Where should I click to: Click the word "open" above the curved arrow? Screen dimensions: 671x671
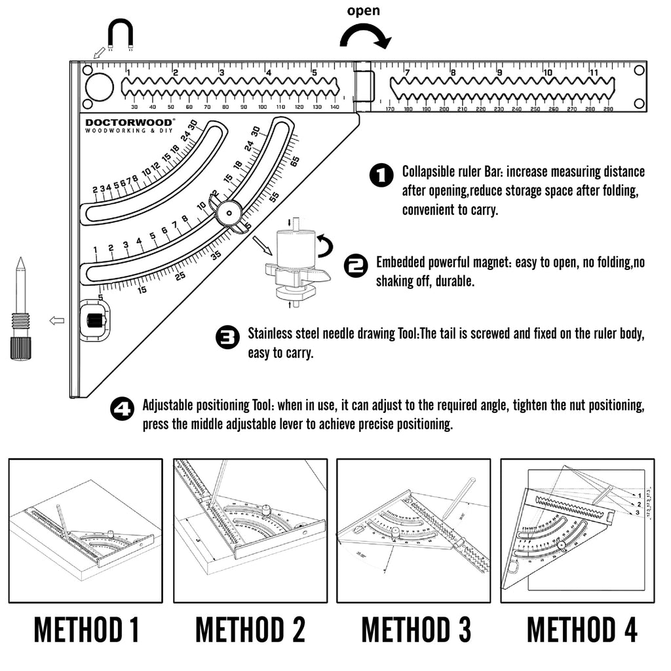pyautogui.click(x=363, y=11)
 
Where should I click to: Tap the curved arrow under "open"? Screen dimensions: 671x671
pyautogui.click(x=365, y=36)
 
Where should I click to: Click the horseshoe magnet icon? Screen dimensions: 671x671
pyautogui.click(x=121, y=35)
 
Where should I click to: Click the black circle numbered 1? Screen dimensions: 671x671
pyautogui.click(x=381, y=176)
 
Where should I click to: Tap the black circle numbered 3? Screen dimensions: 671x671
pyautogui.click(x=227, y=338)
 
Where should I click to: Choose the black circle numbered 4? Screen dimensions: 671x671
pyautogui.click(x=122, y=410)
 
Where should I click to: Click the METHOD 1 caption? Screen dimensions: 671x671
pyautogui.click(x=86, y=630)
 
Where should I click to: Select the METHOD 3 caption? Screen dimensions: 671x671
pyautogui.click(x=416, y=630)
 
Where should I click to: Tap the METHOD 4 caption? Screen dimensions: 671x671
pyautogui.click(x=582, y=630)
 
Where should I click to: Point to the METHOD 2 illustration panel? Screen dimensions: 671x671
pyautogui.click(x=250, y=530)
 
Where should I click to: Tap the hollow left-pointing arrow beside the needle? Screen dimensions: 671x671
pyautogui.click(x=57, y=320)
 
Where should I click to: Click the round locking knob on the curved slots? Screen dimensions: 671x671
pyautogui.click(x=229, y=211)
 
